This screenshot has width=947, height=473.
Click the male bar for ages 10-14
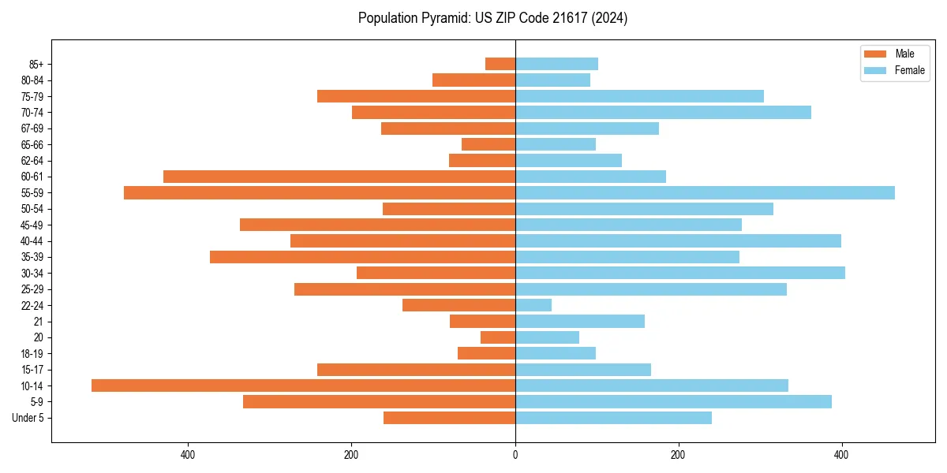point(303,385)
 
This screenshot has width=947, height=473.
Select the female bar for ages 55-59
point(705,192)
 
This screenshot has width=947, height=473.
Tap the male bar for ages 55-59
point(320,192)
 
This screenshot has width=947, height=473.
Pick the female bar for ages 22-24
point(533,305)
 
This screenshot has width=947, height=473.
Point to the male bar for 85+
point(500,64)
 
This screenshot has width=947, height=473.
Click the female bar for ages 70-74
point(663,112)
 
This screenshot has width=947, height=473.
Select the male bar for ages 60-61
point(339,177)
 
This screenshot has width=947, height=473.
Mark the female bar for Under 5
point(613,418)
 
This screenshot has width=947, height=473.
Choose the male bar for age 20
point(498,337)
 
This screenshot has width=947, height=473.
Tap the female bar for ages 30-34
point(680,273)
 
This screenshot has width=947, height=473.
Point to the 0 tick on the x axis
point(515,455)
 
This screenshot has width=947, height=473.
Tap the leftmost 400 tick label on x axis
point(188,455)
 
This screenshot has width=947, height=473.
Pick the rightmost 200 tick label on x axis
point(678,455)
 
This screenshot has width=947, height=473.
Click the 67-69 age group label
point(32,128)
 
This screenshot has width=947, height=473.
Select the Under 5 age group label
point(28,418)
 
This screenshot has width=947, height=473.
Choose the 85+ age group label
point(36,64)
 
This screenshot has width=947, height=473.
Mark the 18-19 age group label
point(32,353)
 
